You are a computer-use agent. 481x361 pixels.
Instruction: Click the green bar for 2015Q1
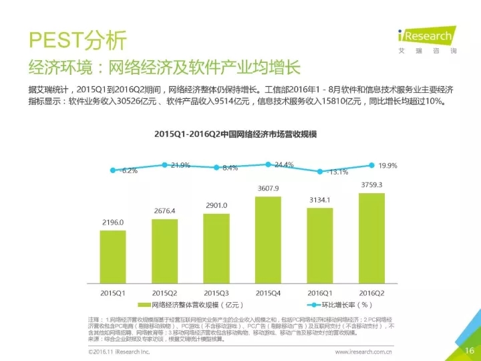(x=113, y=258)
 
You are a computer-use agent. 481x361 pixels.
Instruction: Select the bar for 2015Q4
(x=268, y=241)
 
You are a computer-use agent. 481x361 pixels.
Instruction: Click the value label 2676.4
(x=164, y=211)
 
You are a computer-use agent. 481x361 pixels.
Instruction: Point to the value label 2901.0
(x=216, y=205)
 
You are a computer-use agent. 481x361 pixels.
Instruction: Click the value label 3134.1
(x=320, y=199)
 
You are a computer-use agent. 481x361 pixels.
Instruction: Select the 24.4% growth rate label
(x=284, y=165)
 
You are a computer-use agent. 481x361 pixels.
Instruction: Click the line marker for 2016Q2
(x=371, y=165)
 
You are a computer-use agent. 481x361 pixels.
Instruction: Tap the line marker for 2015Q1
(x=113, y=170)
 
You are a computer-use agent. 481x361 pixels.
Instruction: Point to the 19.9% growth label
(x=387, y=166)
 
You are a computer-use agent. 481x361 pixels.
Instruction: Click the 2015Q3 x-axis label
(x=216, y=293)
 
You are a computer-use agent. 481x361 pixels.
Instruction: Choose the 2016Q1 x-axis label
(x=320, y=293)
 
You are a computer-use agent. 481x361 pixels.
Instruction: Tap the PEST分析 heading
(x=77, y=40)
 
